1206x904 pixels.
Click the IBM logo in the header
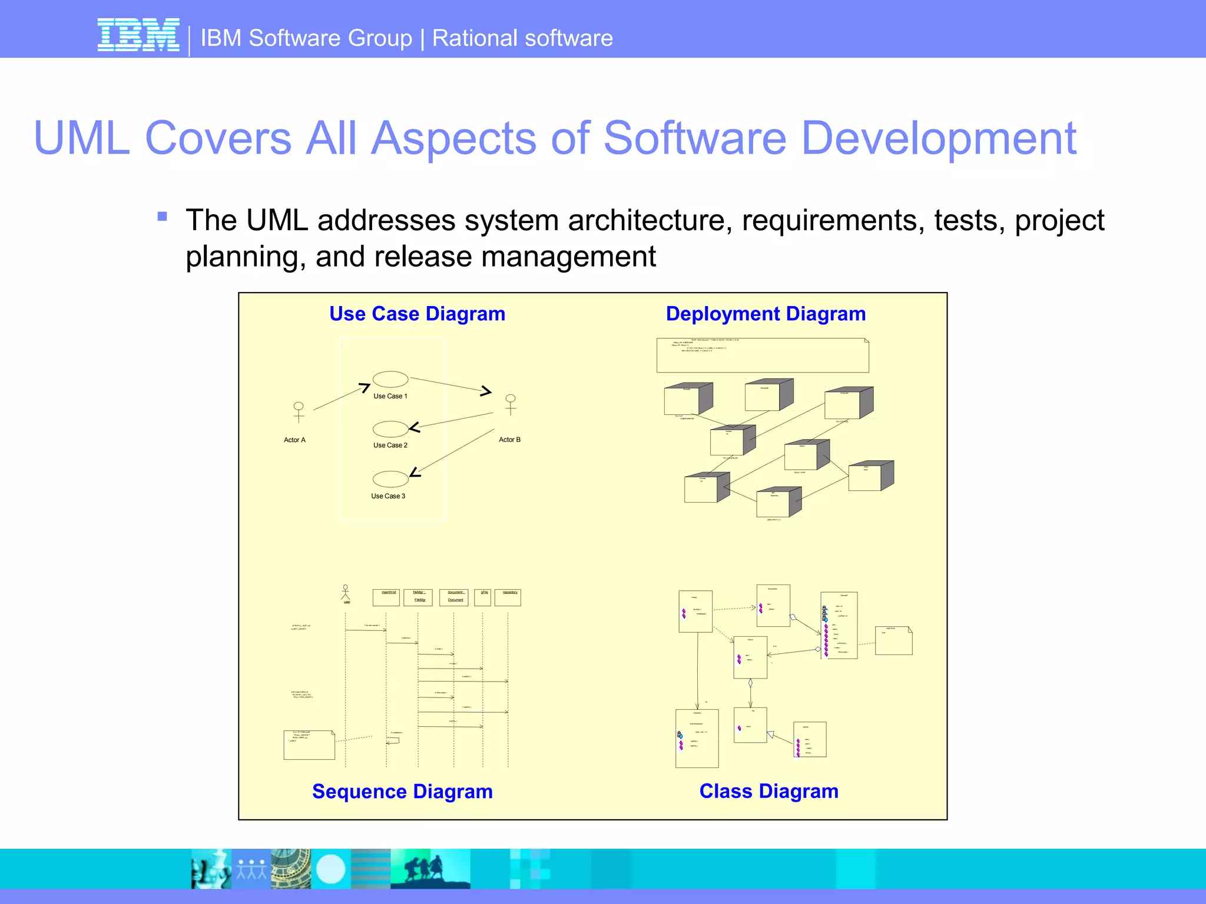138,35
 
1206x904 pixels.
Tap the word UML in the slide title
82,138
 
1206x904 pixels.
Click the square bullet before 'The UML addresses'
163,217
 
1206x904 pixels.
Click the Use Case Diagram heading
417,314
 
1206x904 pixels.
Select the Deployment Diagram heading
766,314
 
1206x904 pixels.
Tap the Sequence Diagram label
402,792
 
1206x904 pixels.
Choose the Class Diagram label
768,792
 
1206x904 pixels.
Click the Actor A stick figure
299,411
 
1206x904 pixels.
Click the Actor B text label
509,440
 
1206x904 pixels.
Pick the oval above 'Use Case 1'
390,379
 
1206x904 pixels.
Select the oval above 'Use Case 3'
390,478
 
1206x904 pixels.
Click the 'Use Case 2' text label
390,446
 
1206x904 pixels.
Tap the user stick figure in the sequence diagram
346,593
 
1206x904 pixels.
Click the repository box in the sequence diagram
508,597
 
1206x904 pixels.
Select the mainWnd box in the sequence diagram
386,597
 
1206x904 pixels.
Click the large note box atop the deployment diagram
763,355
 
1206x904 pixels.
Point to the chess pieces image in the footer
211,869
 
